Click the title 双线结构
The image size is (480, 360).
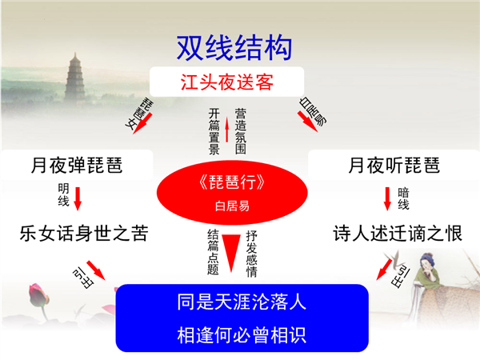point(234,48)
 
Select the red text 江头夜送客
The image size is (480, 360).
point(227,82)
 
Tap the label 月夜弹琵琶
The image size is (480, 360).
point(77,165)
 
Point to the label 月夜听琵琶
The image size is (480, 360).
point(394,165)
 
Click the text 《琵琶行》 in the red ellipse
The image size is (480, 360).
point(232,182)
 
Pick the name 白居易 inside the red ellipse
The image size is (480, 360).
point(232,206)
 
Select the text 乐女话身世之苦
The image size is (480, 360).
point(84,233)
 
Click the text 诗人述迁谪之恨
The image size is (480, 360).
point(398,233)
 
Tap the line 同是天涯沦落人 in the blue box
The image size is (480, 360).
point(242,302)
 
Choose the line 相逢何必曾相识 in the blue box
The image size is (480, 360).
point(242,335)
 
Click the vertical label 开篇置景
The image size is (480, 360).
point(214,131)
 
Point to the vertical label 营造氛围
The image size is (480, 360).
point(241,131)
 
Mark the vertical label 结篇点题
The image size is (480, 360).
point(213,252)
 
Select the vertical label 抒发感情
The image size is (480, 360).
point(252,254)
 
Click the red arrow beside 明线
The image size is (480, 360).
point(78,199)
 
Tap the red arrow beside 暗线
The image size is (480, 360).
point(387,199)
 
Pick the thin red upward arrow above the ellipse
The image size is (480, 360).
point(227,129)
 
